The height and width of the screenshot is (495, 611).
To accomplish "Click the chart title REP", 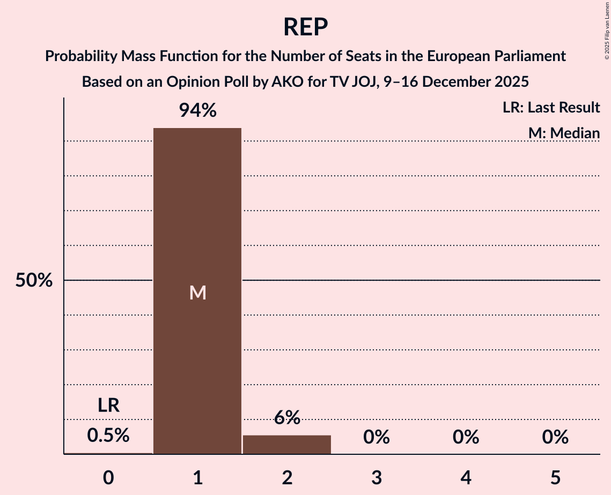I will coord(305,27).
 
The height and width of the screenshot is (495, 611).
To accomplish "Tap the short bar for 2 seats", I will coord(287,445).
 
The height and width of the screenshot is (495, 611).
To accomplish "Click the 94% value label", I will coord(197,110).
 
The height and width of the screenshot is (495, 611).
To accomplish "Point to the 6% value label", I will coord(287,418).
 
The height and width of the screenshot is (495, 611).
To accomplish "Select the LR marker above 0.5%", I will coord(108,406).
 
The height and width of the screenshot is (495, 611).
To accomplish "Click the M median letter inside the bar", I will coord(197,292).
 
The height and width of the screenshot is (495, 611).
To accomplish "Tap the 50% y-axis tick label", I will coord(34,280).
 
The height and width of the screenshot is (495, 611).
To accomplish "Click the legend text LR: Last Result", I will coord(551,108).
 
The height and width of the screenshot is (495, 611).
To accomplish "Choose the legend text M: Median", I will coord(564,132).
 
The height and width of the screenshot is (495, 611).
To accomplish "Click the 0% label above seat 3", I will coord(377,438).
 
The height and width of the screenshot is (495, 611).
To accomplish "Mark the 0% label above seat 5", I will coord(555,438).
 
